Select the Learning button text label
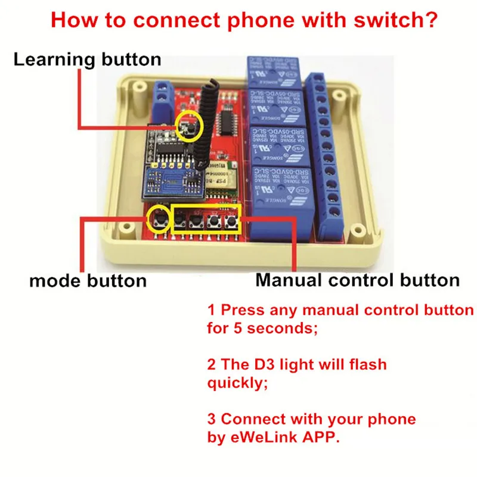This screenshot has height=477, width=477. (x=87, y=60)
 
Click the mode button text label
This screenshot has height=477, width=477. (x=88, y=280)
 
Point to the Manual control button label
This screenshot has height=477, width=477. (x=358, y=280)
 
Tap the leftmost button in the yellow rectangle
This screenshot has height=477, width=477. (x=178, y=223)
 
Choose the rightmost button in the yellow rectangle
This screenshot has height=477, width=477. (x=231, y=222)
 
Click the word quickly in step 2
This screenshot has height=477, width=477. (x=234, y=383)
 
